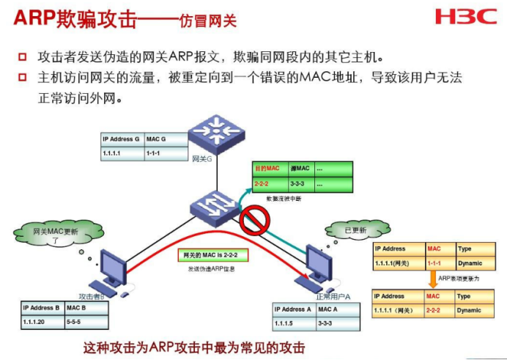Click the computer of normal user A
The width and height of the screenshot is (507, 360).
tap(321, 264)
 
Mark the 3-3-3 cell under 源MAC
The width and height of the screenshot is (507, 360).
tap(300, 184)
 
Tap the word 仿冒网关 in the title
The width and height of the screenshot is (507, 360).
tap(209, 20)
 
